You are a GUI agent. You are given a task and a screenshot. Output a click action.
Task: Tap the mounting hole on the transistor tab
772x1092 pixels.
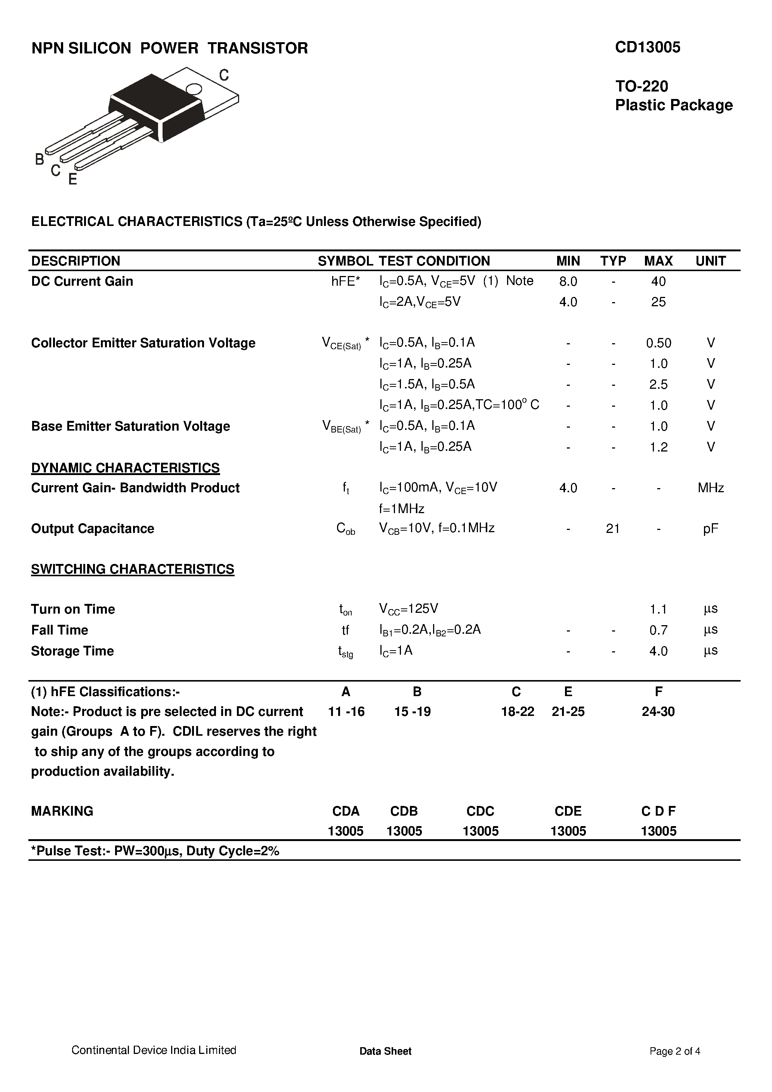194,89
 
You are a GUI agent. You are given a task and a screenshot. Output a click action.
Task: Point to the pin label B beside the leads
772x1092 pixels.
40,159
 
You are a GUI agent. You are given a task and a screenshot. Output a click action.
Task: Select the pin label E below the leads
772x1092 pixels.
72,179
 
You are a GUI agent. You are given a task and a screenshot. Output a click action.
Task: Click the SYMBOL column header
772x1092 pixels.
345,261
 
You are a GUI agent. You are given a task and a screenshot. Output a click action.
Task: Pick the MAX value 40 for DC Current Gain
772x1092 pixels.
658,282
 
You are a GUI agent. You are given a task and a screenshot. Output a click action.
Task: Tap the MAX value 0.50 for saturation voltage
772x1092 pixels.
658,343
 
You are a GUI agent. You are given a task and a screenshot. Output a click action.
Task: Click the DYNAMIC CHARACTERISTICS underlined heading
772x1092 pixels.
125,468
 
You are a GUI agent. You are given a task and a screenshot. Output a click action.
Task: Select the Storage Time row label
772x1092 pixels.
72,651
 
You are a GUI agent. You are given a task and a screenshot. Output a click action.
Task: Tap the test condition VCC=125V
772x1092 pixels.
408,609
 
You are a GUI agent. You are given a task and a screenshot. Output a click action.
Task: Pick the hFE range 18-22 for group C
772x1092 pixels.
518,711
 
